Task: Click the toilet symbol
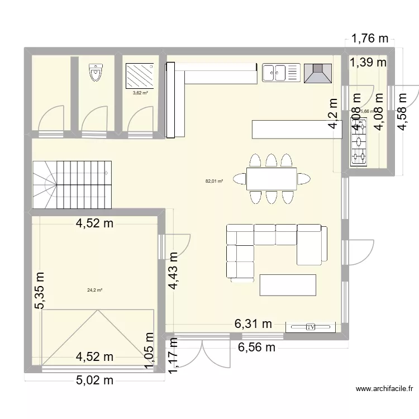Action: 96,73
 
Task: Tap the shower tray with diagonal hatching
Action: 141,74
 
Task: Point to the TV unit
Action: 311,327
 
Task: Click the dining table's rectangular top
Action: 272,179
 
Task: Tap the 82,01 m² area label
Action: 214,181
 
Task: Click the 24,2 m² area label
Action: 94,290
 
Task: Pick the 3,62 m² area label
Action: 140,93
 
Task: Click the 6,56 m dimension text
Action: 258,347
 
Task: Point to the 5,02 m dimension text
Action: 94,381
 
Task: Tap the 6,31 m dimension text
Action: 253,323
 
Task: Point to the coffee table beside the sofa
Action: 288,285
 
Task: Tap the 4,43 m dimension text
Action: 173,270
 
